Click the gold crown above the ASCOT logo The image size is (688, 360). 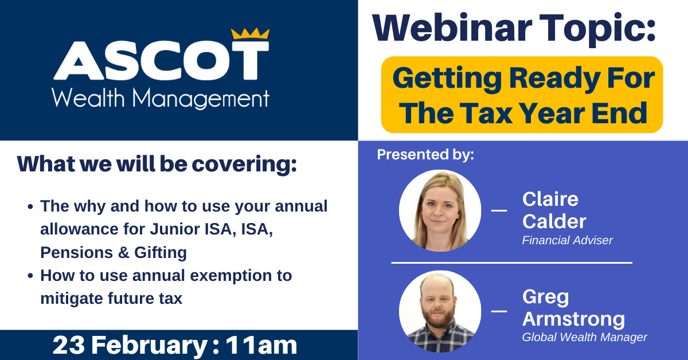[250, 34]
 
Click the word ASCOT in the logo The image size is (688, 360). [161, 61]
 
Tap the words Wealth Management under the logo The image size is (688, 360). [161, 99]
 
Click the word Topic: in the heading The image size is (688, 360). [597, 29]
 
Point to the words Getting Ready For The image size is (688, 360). [523, 79]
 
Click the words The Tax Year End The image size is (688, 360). [523, 113]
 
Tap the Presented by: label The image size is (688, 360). [425, 155]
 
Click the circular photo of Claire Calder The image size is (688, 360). [440, 211]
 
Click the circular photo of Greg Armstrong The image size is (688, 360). [440, 311]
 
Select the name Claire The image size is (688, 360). [550, 199]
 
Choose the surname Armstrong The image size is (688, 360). [573, 319]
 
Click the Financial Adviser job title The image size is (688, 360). [567, 240]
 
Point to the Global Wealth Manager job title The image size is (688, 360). [584, 337]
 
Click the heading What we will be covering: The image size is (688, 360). [157, 165]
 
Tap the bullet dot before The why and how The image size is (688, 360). [30, 206]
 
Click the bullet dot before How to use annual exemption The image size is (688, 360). [30, 276]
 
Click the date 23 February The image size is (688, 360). [130, 345]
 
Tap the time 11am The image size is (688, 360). [261, 345]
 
